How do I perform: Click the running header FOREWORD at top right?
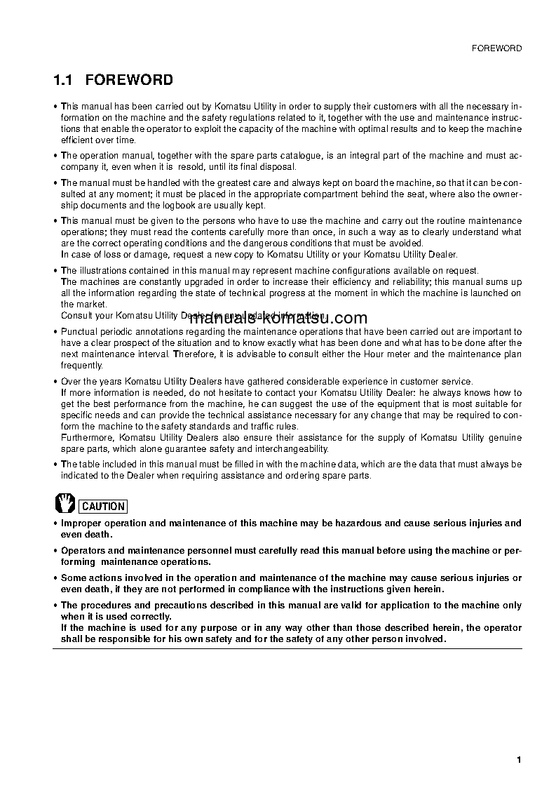[498, 48]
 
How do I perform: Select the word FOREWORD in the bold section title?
[130, 81]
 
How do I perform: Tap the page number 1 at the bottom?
[518, 760]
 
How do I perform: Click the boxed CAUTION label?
[103, 506]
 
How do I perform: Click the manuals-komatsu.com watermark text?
[278, 318]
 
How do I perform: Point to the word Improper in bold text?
[81, 523]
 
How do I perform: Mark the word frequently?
[82, 366]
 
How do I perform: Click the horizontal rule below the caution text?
[287, 648]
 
